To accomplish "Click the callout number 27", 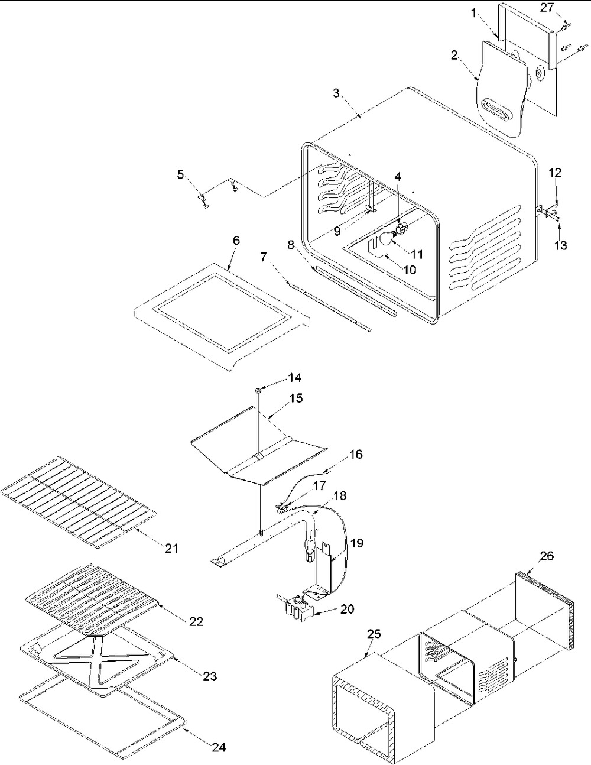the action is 547,8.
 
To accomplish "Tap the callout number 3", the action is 337,93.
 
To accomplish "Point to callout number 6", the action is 236,241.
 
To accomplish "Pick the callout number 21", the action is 171,548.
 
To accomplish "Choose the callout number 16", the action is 356,454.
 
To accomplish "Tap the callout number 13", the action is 561,245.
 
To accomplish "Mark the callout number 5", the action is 180,174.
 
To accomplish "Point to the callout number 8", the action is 291,245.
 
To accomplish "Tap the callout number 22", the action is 196,622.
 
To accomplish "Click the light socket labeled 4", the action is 401,229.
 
